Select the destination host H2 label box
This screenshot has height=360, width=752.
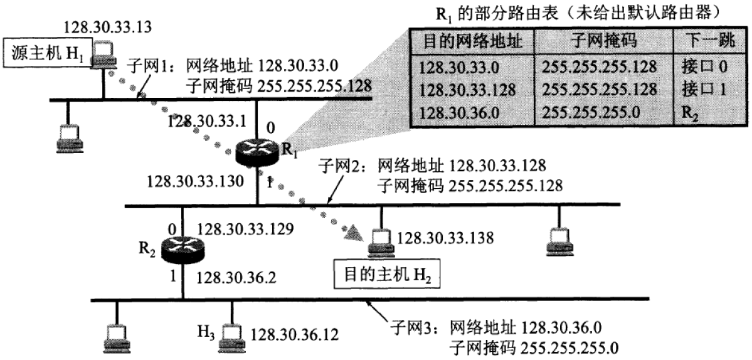click(384, 274)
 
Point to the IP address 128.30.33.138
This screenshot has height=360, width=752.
click(445, 238)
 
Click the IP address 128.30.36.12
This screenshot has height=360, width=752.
click(295, 334)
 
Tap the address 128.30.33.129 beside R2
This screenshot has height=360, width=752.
click(245, 230)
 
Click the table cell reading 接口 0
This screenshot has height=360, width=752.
click(703, 66)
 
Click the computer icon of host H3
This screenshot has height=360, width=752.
click(230, 334)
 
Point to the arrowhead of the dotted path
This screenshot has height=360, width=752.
click(354, 235)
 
